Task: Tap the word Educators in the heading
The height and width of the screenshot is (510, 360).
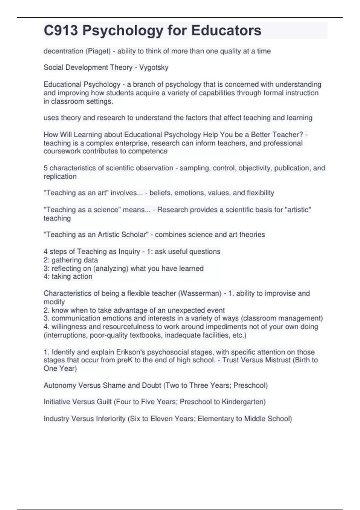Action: click(x=226, y=31)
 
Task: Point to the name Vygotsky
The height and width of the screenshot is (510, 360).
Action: click(x=154, y=67)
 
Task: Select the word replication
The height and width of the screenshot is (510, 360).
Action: click(x=60, y=176)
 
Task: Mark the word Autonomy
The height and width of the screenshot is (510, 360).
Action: click(x=60, y=385)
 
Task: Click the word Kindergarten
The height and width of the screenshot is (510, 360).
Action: click(x=244, y=402)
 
